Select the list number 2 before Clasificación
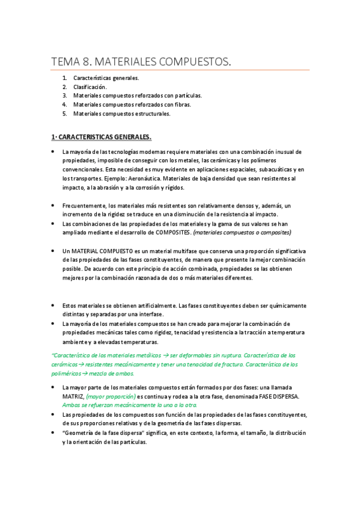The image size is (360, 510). click(x=64, y=87)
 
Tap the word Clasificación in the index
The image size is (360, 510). click(x=90, y=87)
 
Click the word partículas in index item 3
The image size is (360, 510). click(x=186, y=96)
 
